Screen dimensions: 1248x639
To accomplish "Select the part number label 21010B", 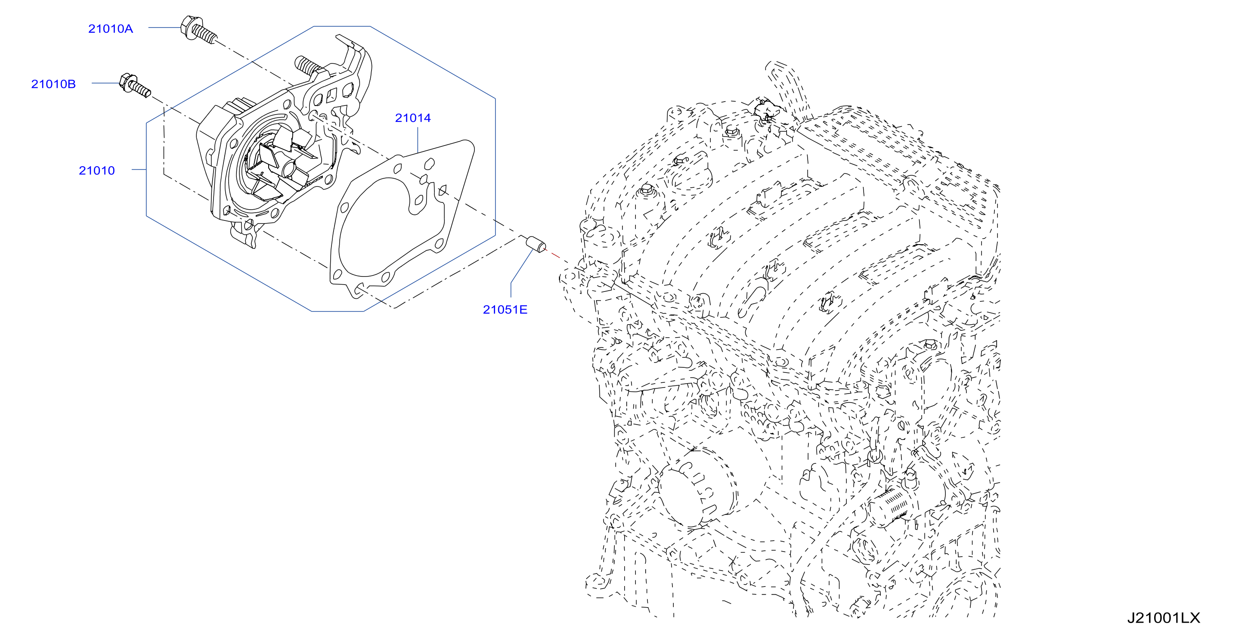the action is (53, 84).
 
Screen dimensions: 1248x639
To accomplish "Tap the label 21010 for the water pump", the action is (97, 171).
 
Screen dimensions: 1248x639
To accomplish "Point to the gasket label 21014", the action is (413, 118).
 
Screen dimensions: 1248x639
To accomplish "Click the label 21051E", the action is (505, 310).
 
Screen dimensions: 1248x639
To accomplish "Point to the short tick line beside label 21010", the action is (139, 170).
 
